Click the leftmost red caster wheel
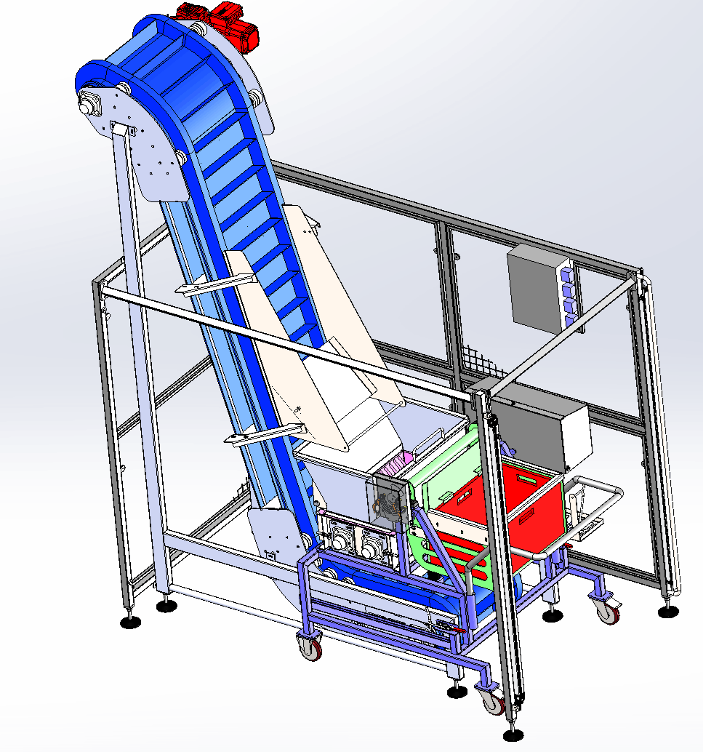click(312, 646)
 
